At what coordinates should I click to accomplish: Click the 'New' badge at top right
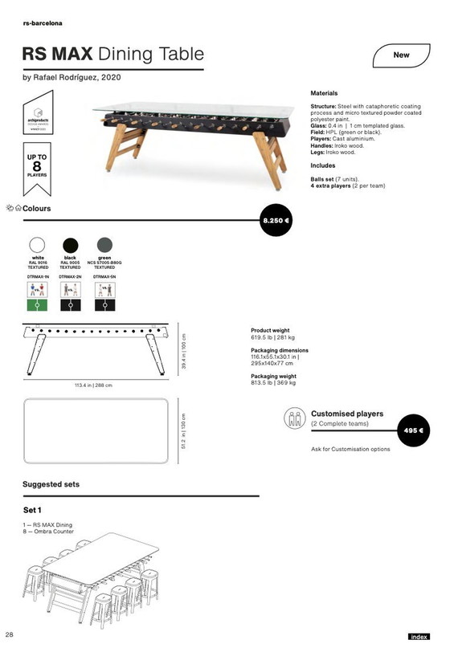402,56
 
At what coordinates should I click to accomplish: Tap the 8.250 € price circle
277,219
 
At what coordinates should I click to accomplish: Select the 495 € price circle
414,430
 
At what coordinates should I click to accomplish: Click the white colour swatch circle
37,245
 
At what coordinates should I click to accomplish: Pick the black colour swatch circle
70,245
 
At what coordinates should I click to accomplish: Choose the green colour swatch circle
104,245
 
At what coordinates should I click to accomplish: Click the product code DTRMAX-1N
38,275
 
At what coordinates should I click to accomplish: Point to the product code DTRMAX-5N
104,275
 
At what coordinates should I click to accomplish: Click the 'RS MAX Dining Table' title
112,55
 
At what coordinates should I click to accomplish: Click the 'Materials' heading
324,93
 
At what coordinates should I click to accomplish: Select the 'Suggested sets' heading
51,485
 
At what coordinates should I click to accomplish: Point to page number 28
9,635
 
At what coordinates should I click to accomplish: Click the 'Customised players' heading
346,414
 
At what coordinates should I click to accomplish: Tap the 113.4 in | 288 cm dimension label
95,385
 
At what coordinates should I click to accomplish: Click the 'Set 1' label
33,510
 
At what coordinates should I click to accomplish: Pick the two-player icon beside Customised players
293,418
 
